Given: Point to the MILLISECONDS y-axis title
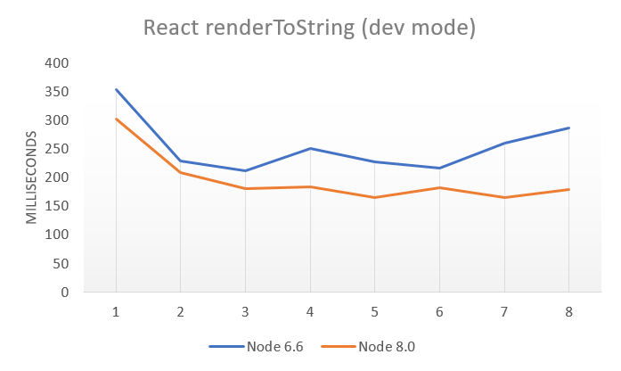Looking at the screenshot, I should pyautogui.click(x=30, y=177).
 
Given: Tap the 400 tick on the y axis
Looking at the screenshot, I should pyautogui.click(x=56, y=63).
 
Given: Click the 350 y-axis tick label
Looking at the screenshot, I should pyautogui.click(x=56, y=92).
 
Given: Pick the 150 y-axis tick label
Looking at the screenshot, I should pyautogui.click(x=56, y=206).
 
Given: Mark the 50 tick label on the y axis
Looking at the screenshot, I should pyautogui.click(x=60, y=263).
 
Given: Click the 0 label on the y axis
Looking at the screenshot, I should pyautogui.click(x=64, y=292).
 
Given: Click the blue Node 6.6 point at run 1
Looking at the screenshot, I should pyautogui.click(x=116, y=89).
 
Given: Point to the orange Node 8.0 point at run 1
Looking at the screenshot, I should pyautogui.click(x=116, y=119).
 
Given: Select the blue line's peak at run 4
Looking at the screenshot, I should pyautogui.click(x=310, y=148).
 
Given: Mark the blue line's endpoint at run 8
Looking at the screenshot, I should pyautogui.click(x=569, y=128).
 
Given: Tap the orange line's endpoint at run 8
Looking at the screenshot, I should pyautogui.click(x=569, y=189).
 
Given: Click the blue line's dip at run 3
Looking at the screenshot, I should pyautogui.click(x=245, y=170).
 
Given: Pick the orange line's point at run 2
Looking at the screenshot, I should pyautogui.click(x=181, y=172).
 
